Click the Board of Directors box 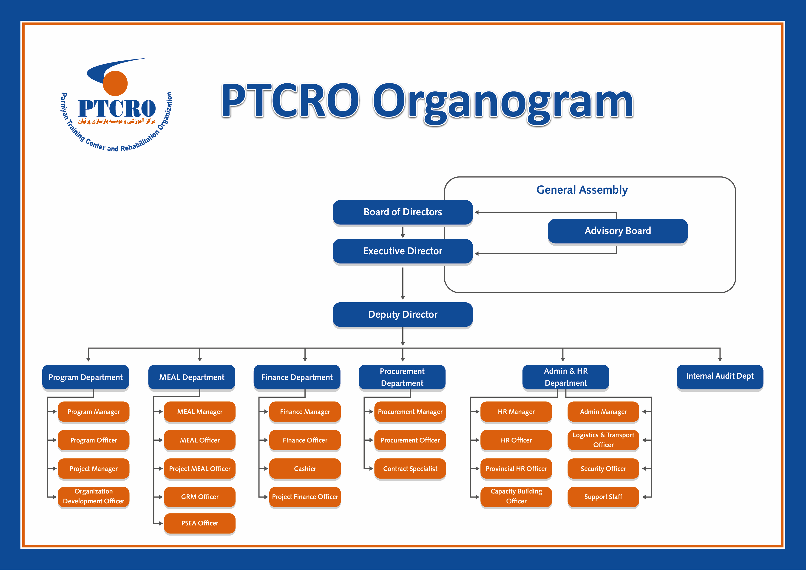click(x=402, y=212)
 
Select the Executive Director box click(x=402, y=251)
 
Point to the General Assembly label click(x=582, y=190)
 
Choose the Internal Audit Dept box click(x=719, y=376)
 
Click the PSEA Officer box click(x=199, y=523)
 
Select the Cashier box click(x=305, y=468)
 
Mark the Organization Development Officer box click(x=93, y=496)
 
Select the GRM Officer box click(x=199, y=497)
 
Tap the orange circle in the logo click(x=115, y=83)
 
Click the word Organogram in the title click(x=502, y=102)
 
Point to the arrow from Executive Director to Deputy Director click(x=403, y=283)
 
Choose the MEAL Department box click(x=191, y=377)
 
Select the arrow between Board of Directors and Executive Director click(x=403, y=232)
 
